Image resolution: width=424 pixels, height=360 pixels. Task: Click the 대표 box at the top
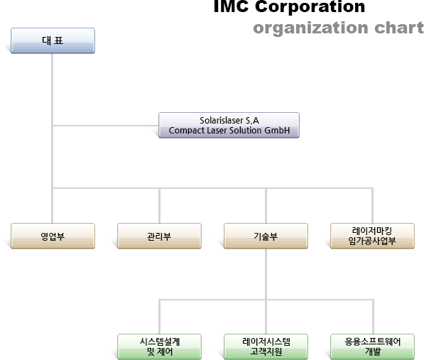(x=53, y=40)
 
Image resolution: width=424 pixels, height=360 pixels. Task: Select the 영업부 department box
(x=53, y=236)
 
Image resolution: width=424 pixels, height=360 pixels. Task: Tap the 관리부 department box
(x=159, y=236)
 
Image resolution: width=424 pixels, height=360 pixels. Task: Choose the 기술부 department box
(x=266, y=236)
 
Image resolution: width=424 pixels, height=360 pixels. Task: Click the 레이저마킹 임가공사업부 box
(x=372, y=236)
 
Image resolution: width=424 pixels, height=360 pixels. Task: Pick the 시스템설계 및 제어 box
(x=159, y=347)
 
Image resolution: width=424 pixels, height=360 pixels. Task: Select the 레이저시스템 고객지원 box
(x=266, y=347)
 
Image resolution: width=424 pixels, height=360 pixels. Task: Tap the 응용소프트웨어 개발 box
(x=372, y=347)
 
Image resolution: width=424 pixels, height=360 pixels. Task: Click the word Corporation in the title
(x=310, y=6)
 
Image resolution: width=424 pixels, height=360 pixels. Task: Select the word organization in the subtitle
(x=310, y=28)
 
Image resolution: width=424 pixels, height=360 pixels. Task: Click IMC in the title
(x=231, y=6)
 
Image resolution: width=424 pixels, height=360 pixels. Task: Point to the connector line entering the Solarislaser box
(x=106, y=126)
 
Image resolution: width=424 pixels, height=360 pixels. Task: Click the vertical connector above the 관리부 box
(x=159, y=206)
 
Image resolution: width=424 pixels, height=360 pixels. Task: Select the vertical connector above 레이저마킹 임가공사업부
(x=372, y=206)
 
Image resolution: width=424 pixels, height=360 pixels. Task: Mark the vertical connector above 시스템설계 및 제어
(x=159, y=317)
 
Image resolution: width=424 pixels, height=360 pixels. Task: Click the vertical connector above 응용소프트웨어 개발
(x=373, y=317)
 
